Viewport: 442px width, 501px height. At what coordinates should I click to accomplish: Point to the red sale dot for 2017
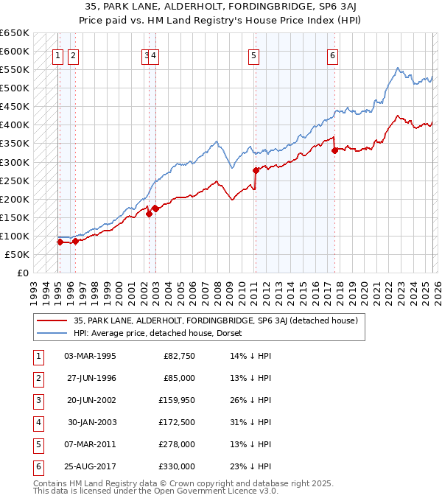(x=334, y=150)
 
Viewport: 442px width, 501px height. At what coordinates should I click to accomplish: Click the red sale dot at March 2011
(x=256, y=169)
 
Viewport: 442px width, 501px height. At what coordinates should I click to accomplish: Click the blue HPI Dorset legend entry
(x=162, y=333)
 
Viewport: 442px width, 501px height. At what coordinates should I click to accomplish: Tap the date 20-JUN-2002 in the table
(x=90, y=400)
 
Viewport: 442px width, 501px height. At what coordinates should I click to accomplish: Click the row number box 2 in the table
(x=37, y=378)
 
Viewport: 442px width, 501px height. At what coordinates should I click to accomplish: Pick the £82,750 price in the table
(x=178, y=356)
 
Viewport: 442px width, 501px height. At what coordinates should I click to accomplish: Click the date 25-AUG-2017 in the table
(x=90, y=466)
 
